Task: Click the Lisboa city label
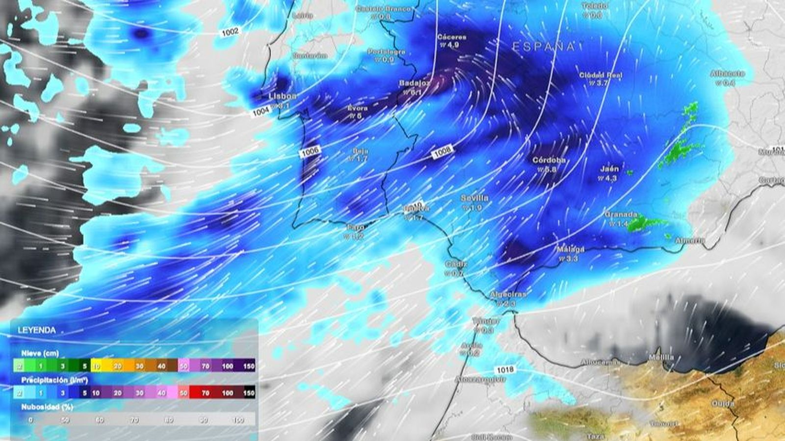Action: click(283, 96)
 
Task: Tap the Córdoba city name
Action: click(549, 160)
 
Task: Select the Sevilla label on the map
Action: click(474, 198)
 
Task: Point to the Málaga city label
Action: click(571, 249)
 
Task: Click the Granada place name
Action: click(621, 215)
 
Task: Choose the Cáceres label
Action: click(452, 37)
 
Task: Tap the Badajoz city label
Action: click(415, 83)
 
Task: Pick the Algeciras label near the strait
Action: click(508, 294)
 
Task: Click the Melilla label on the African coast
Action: click(661, 357)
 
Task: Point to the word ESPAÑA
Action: click(544, 47)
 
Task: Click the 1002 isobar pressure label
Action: click(230, 32)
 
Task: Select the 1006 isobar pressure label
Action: click(310, 152)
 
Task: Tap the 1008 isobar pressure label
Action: click(442, 152)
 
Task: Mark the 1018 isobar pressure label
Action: click(505, 369)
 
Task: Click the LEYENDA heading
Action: click(37, 330)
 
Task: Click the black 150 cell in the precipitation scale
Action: click(249, 392)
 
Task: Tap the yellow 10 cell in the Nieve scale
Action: click(96, 366)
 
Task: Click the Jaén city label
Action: click(609, 169)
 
